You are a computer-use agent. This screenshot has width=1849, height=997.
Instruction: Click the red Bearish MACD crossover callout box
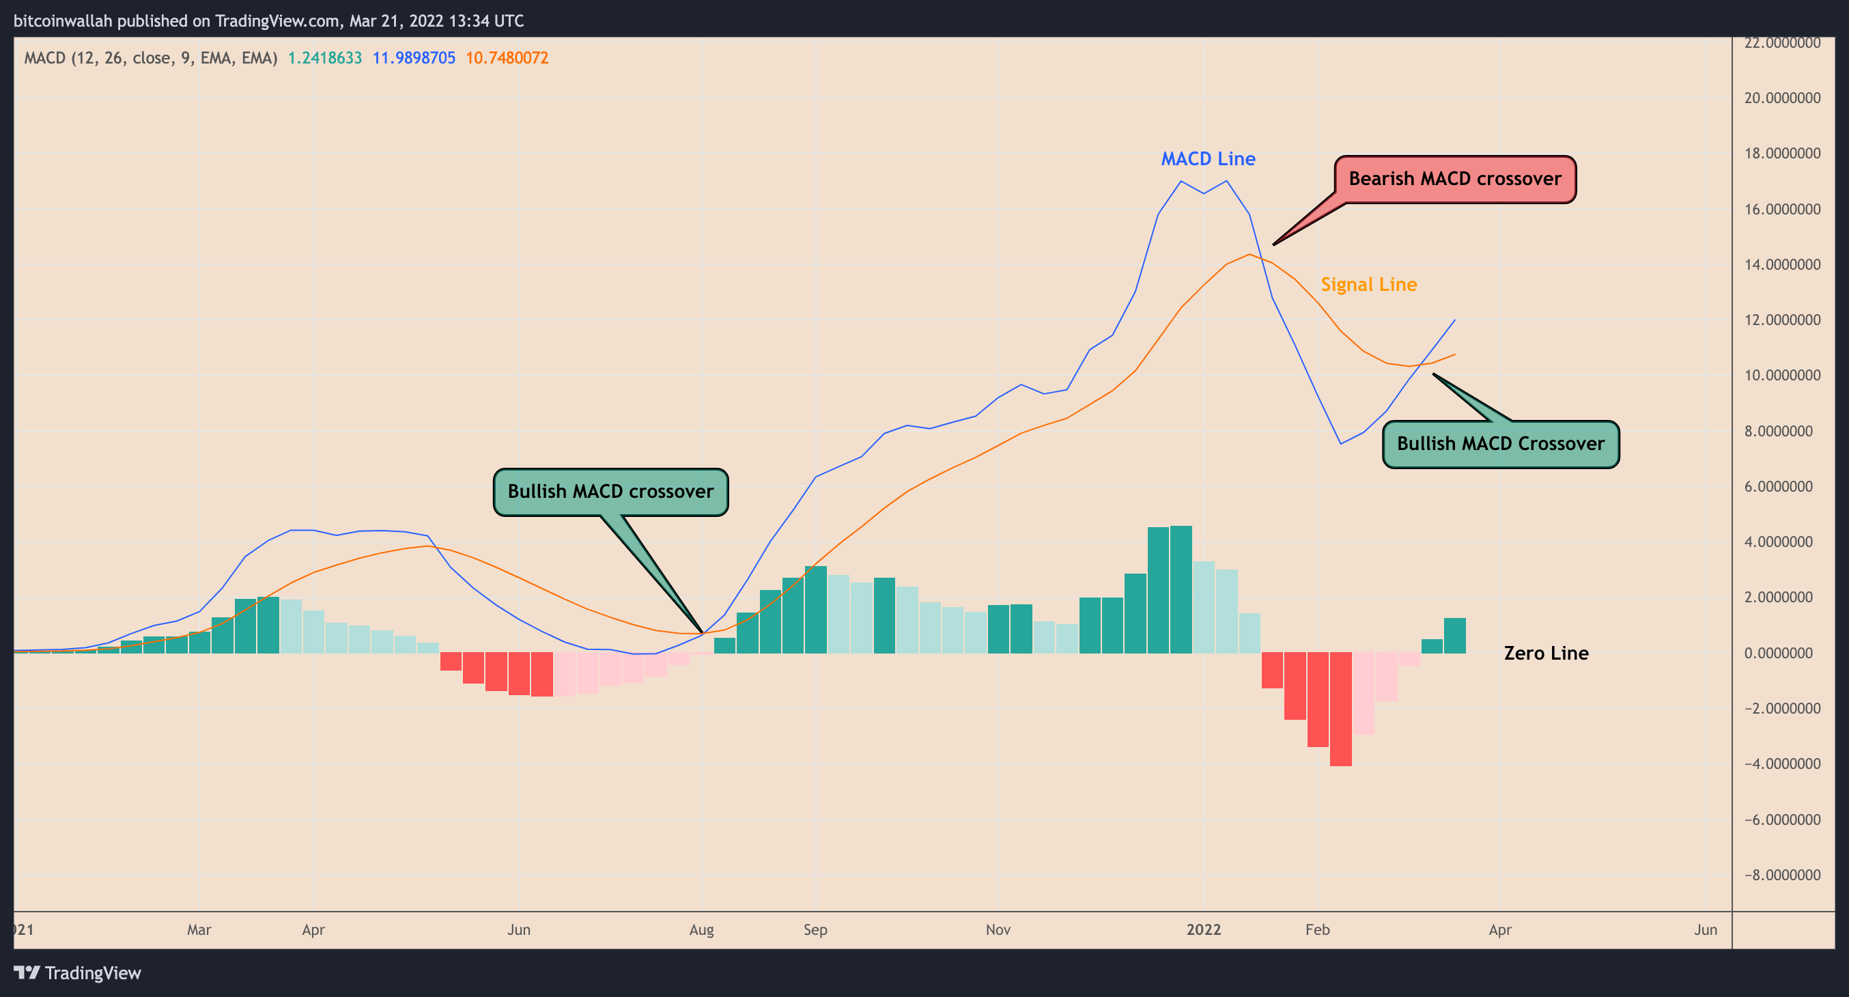1455,179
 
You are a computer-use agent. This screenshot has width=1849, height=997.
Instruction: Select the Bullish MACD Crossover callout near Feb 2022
1500,444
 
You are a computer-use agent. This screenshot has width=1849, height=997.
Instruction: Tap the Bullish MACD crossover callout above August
610,492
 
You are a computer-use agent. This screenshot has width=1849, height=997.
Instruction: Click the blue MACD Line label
1208,158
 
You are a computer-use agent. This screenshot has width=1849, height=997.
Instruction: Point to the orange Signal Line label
1369,284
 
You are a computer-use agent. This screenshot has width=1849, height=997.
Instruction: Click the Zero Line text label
1546,654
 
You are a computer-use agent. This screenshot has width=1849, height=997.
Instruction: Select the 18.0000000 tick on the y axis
1781,154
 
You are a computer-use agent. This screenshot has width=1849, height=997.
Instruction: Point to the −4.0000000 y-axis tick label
1781,763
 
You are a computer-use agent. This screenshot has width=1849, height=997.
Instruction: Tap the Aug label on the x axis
701,929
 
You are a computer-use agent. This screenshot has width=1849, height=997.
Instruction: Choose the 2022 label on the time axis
1204,929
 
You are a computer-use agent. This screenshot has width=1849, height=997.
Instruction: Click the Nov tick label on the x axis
998,929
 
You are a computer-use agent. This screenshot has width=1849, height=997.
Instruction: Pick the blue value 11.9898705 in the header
414,58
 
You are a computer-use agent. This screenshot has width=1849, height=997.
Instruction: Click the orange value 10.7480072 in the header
507,58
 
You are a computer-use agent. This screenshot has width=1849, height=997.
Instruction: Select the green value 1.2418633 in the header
324,58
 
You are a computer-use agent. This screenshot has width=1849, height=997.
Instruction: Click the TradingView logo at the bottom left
78,973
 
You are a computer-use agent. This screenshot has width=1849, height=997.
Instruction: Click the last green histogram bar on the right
1455,635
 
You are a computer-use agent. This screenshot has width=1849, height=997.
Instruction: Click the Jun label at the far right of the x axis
1706,929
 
